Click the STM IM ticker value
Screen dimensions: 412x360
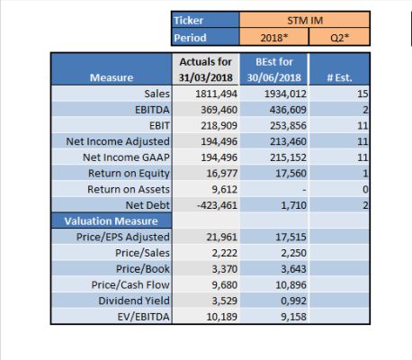[x=305, y=21]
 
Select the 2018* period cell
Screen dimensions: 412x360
[x=274, y=38]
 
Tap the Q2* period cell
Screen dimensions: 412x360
[x=340, y=38]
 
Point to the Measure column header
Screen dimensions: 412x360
[x=112, y=77]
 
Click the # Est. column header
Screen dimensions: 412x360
[x=339, y=77]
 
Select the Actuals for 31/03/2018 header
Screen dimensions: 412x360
[x=206, y=69]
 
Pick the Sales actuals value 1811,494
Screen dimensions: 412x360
[x=216, y=94]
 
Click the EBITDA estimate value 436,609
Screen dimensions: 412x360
[x=288, y=110]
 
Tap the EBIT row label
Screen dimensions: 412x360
[x=159, y=126]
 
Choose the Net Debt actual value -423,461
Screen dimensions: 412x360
[x=217, y=205]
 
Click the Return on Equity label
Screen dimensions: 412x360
[x=129, y=174]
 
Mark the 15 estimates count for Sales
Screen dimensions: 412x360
[x=363, y=94]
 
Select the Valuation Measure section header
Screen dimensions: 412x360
[x=111, y=221]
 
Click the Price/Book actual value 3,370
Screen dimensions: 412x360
[x=225, y=269]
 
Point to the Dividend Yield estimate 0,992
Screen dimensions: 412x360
[x=293, y=301]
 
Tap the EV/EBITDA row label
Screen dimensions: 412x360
[x=143, y=317]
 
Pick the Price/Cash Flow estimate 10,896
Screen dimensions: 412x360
[x=291, y=284]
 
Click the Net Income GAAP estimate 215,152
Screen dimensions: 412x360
[x=288, y=157]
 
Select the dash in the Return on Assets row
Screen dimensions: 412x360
[x=304, y=190]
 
